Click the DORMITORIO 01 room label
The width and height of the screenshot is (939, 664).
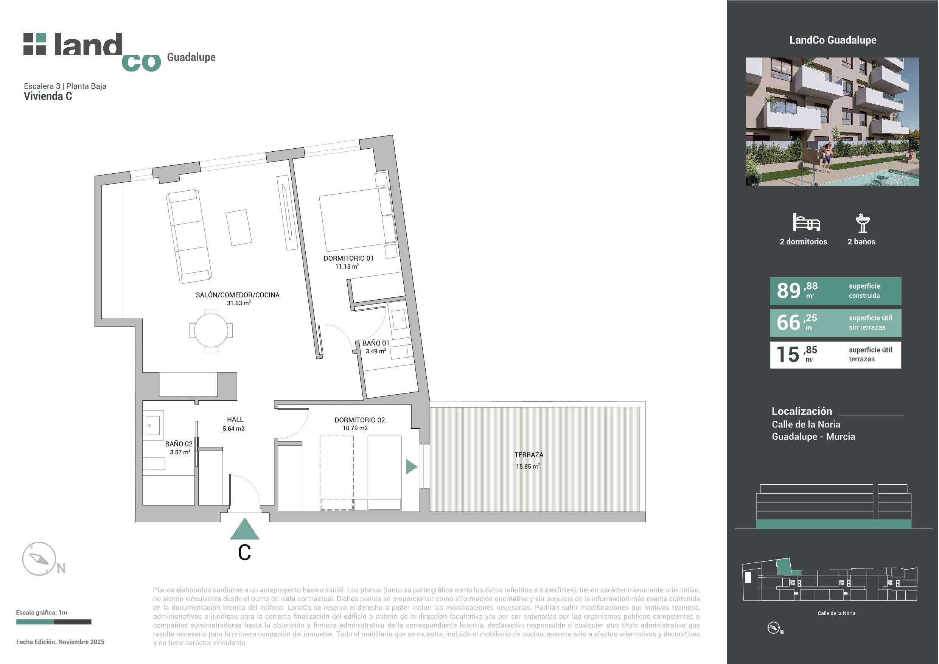pos(348,258)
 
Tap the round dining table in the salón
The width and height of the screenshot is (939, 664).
pos(211,330)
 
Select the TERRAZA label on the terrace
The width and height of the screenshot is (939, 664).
pos(529,454)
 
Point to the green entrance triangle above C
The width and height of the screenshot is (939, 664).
pos(244,529)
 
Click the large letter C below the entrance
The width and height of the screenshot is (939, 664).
pos(244,553)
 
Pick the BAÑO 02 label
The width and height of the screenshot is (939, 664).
pos(179,444)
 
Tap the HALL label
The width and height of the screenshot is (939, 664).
pos(235,419)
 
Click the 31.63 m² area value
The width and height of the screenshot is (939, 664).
pos(238,303)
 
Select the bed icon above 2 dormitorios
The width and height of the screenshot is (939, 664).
pos(806,222)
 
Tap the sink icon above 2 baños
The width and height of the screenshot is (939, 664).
pos(862,223)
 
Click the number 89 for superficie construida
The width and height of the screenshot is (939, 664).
pos(788,291)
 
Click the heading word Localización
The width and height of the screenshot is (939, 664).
pos(802,411)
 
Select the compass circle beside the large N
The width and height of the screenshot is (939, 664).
pos(39,559)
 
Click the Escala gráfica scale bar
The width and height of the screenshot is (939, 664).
pos(54,622)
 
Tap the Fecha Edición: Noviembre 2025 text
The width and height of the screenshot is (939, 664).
pos(60,642)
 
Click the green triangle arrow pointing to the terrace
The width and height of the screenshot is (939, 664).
pos(411,467)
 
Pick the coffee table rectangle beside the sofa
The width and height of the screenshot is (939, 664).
pos(239,227)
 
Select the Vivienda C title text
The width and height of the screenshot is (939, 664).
pos(48,96)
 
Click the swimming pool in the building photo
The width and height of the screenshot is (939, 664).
pos(892,178)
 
